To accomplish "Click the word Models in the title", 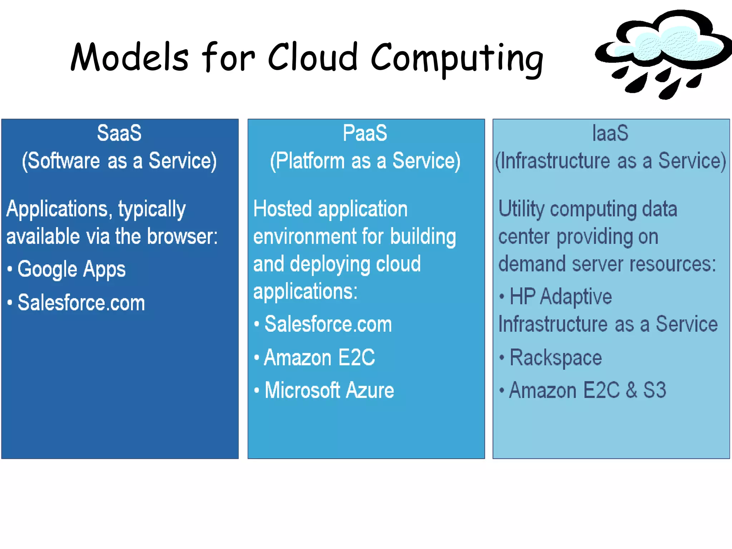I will click(x=129, y=57).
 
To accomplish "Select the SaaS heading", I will click(x=119, y=133).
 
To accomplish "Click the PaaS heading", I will click(x=365, y=133).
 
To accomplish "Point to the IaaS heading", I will click(x=610, y=133).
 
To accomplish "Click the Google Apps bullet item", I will click(x=71, y=269).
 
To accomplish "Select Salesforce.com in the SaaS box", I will click(x=81, y=303).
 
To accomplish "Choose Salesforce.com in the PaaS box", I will click(x=328, y=324).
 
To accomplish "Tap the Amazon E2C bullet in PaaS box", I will click(x=320, y=357).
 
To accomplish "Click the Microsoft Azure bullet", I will click(x=329, y=390).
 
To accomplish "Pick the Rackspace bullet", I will click(x=555, y=357).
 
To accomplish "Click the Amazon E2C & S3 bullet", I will click(x=588, y=390).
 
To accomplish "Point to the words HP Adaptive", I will click(x=560, y=297).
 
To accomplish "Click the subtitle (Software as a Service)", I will click(x=119, y=161).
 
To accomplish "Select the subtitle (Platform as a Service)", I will click(x=365, y=161).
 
